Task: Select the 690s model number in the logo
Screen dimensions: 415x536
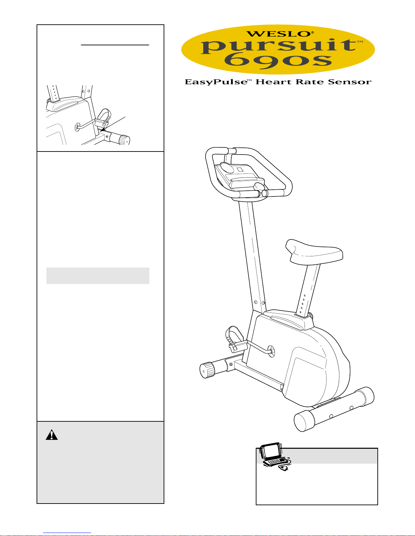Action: click(x=278, y=61)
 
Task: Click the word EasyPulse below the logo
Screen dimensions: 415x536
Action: click(x=216, y=82)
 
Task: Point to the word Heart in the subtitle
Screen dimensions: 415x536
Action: click(x=273, y=81)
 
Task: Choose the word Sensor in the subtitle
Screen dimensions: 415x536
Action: click(x=350, y=81)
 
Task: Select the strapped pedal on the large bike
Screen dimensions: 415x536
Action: click(x=236, y=339)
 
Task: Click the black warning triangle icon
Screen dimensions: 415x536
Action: click(x=51, y=435)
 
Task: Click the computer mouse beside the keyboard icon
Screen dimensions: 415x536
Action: click(x=284, y=468)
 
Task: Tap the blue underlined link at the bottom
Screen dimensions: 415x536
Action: click(x=67, y=533)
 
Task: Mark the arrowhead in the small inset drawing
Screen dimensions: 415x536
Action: click(x=103, y=129)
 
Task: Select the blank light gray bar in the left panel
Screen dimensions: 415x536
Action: click(x=98, y=276)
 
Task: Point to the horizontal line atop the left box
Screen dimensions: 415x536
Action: click(x=115, y=45)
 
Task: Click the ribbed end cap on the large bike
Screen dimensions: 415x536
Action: click(x=207, y=370)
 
